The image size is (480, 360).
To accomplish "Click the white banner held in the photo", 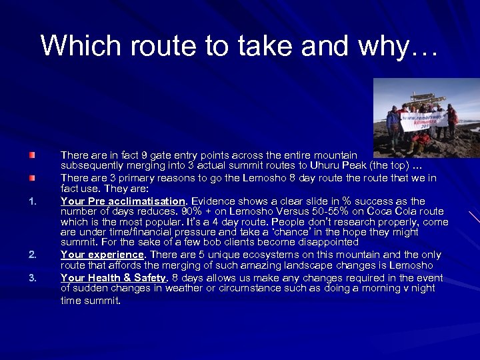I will coord(424,121).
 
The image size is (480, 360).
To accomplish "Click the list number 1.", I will coord(31,201).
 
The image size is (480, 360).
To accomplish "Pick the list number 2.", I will coord(31,254).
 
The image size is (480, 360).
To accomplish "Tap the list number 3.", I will coord(31,278).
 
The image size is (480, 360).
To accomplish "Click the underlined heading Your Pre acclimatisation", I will coord(123,201).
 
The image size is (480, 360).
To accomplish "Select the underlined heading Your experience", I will coord(102,254).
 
